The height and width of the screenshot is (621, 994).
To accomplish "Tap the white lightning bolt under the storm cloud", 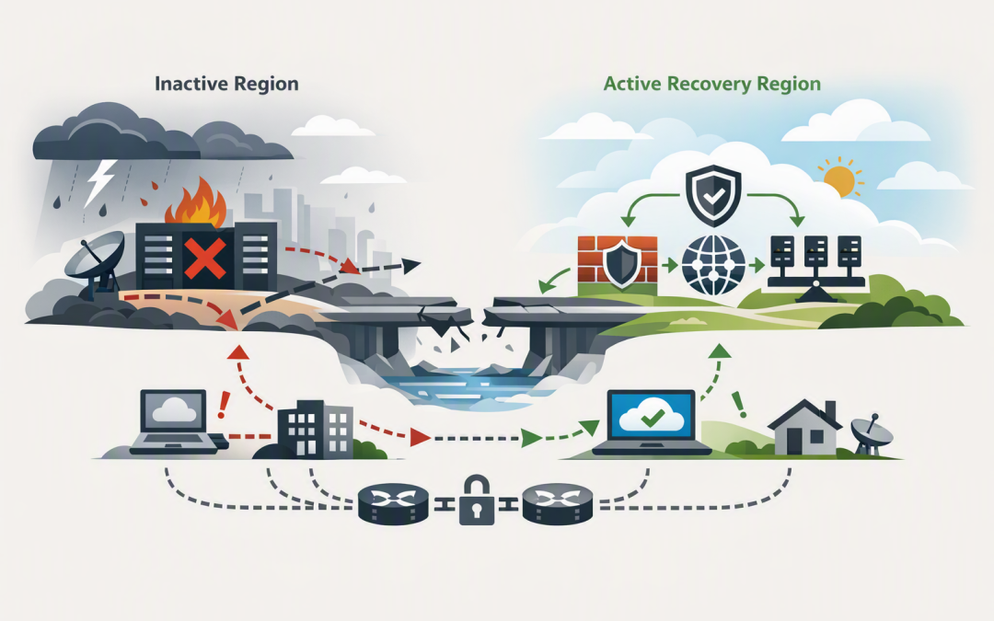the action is click(x=101, y=182).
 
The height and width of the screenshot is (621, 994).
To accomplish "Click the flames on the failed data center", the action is click(x=196, y=201).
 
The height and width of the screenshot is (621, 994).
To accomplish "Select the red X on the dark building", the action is click(x=204, y=258).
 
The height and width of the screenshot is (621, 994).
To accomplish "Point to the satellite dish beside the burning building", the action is click(x=94, y=264).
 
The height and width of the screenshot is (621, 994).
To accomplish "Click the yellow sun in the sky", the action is click(x=840, y=180).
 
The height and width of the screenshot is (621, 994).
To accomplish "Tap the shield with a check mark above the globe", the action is click(x=714, y=195).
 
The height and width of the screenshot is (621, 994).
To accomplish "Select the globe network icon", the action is click(x=714, y=265).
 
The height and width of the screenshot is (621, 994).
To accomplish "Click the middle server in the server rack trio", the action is click(x=815, y=252).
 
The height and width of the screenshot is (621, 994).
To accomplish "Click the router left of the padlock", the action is click(x=393, y=503).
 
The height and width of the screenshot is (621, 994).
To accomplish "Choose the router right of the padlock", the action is click(x=558, y=503).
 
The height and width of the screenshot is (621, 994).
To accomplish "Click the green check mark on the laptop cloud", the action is click(x=653, y=418).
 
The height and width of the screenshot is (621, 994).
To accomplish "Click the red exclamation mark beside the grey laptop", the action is click(x=223, y=405).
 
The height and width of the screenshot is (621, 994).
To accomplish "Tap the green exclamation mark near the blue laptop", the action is click(x=738, y=405).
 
